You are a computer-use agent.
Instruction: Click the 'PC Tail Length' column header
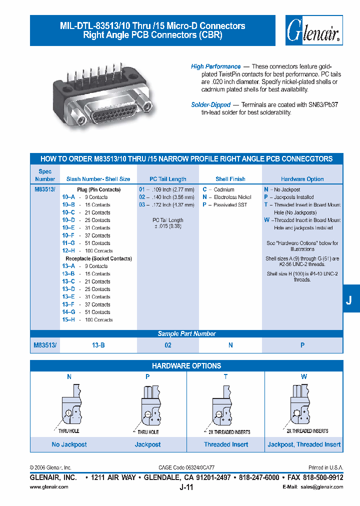click(168, 179)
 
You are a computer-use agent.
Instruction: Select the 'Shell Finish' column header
click(230, 179)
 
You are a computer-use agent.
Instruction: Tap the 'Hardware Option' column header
click(302, 179)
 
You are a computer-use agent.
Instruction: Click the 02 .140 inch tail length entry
click(166, 197)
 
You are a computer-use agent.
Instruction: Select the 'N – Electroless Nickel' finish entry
click(227, 197)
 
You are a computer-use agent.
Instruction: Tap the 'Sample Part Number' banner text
click(186, 334)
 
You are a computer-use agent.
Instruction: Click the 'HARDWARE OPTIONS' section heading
click(186, 366)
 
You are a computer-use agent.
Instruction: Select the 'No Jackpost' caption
click(69, 444)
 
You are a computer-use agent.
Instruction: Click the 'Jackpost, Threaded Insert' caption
click(304, 444)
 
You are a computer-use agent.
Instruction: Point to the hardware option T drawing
click(225, 405)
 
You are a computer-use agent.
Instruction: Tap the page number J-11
click(186, 487)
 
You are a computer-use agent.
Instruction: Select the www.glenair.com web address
click(49, 487)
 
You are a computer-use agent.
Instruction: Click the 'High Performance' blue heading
click(215, 66)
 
